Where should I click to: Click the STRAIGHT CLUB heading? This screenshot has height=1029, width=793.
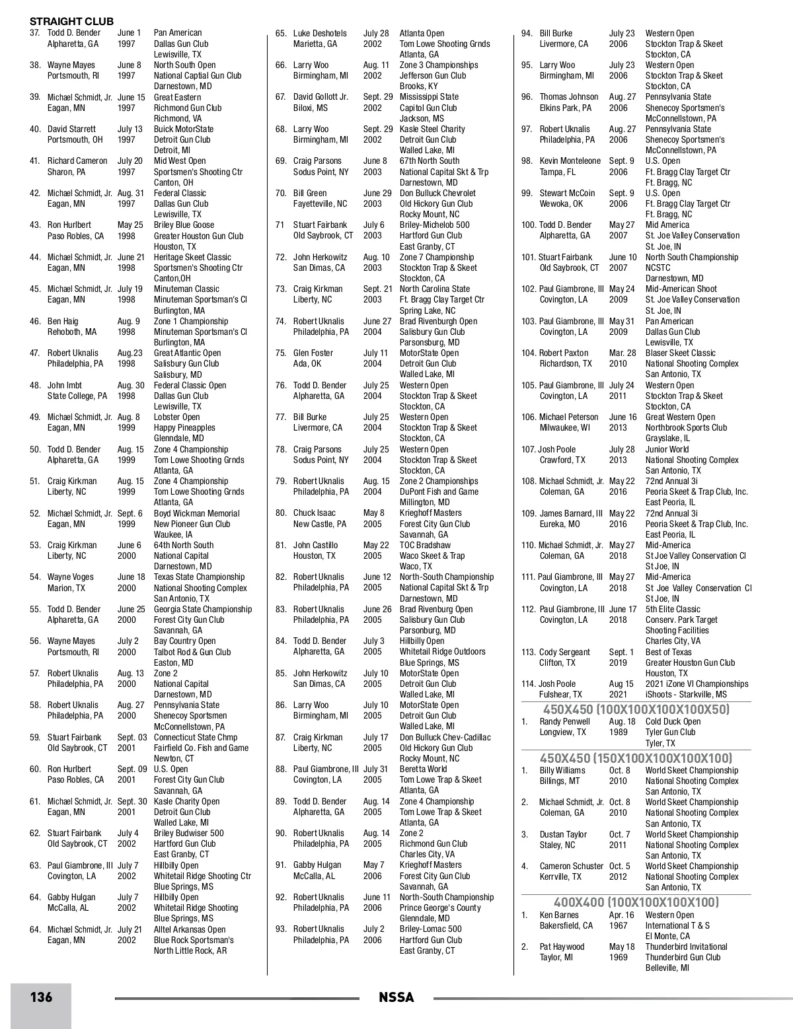point(71,22)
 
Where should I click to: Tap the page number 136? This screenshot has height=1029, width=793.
point(41,997)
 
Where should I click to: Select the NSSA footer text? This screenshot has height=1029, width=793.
point(397,997)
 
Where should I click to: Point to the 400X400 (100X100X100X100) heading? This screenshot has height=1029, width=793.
point(636,902)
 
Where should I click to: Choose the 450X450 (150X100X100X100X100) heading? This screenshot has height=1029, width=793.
point(636,758)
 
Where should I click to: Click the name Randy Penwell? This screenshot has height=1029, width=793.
point(564,722)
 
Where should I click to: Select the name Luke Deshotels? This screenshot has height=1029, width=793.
point(320,33)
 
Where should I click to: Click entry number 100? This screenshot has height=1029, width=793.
point(529,225)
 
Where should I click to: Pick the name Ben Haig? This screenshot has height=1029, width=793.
point(63,322)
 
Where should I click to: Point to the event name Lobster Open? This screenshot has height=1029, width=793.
point(176,417)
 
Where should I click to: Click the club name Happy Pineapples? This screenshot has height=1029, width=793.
point(184,428)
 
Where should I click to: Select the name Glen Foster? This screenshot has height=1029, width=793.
point(313,353)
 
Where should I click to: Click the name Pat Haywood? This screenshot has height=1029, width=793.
point(562,947)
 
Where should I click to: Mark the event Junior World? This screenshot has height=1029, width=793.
point(667,450)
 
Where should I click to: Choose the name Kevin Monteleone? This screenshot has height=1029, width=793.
point(570,161)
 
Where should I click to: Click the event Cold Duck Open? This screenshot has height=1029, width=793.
point(673,722)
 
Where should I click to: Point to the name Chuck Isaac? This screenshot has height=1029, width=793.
point(315,513)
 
